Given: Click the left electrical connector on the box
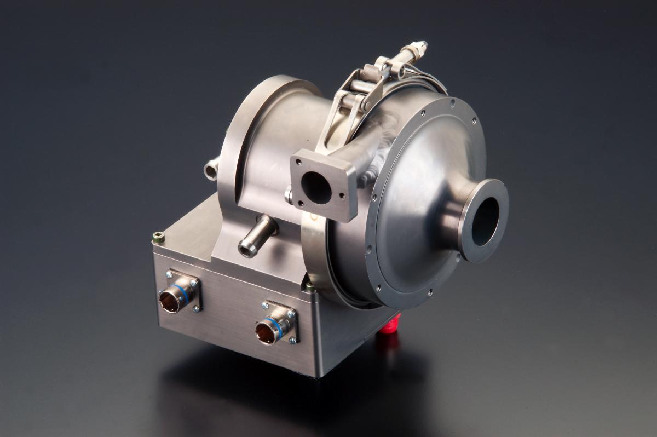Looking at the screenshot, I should [x=171, y=301].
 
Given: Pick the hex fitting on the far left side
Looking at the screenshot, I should [x=211, y=170].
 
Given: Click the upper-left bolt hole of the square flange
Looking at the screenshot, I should [x=298, y=162].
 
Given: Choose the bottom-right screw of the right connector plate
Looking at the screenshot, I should [x=292, y=341].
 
